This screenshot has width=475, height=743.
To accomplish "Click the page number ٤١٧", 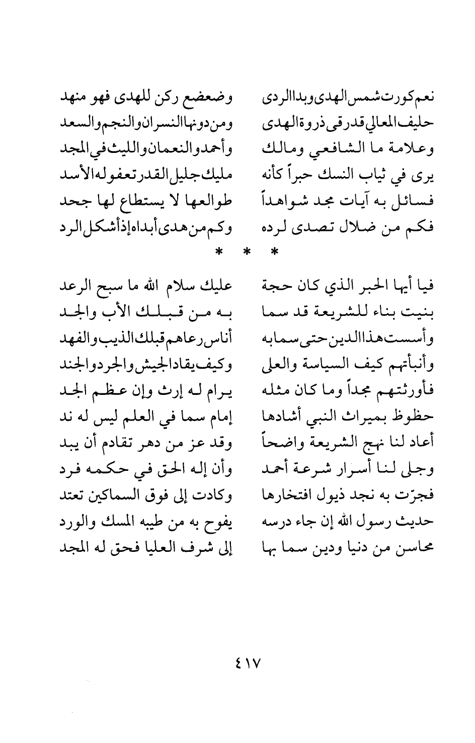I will click(246, 659).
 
